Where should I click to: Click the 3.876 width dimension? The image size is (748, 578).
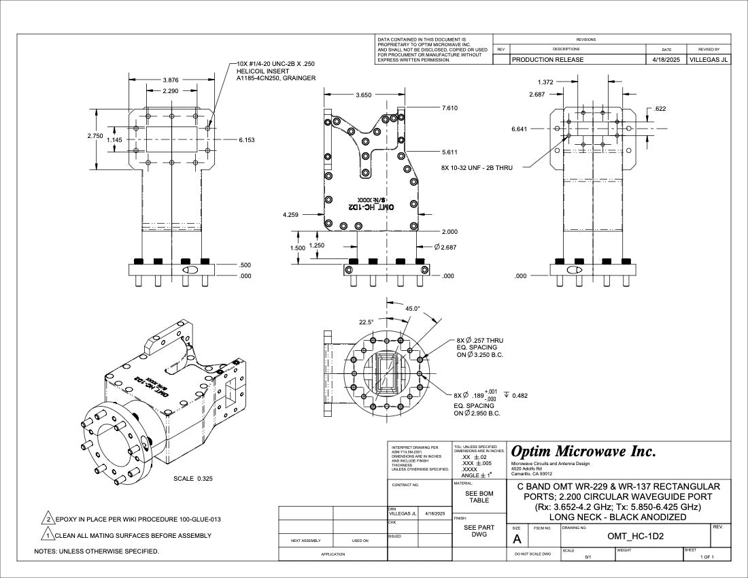click(171, 80)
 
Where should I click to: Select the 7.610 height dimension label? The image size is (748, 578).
click(450, 108)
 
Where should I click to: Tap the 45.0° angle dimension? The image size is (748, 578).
click(412, 308)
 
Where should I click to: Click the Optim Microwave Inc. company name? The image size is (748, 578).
click(583, 451)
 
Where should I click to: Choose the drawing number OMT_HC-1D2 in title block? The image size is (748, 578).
click(635, 536)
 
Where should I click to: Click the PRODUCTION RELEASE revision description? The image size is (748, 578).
click(547, 60)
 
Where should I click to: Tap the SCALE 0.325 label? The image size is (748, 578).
click(193, 479)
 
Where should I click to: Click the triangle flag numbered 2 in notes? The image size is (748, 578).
click(48, 520)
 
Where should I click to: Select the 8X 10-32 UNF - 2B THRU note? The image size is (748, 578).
click(476, 167)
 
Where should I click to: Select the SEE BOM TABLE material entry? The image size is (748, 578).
click(479, 496)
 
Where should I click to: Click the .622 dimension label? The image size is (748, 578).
click(660, 109)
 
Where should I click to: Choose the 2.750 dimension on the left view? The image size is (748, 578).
click(95, 136)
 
